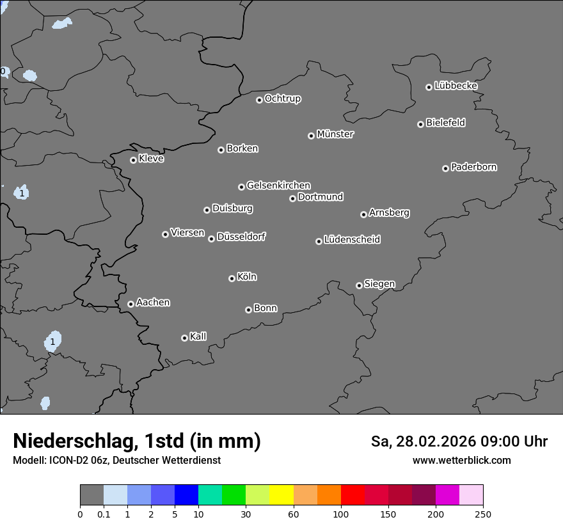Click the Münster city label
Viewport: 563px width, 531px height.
335,134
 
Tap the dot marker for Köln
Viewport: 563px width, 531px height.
232,278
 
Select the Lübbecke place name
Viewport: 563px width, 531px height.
456,86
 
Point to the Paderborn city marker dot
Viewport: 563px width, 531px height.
445,168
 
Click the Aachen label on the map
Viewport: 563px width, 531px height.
153,303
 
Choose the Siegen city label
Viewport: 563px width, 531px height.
379,284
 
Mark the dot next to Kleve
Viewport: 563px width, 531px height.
133,160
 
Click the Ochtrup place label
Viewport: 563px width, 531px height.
283,99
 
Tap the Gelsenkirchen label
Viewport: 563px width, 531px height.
278,186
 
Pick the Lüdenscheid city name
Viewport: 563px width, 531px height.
352,240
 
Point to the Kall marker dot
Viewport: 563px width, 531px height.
184,338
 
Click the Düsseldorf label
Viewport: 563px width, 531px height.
241,237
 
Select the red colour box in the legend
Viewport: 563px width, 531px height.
353,495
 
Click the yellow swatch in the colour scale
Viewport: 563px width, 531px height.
281,495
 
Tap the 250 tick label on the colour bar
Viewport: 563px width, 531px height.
483,514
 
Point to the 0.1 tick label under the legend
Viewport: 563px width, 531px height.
104,514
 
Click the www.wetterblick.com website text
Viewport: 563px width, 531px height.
461,461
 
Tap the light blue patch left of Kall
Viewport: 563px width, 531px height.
53,340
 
